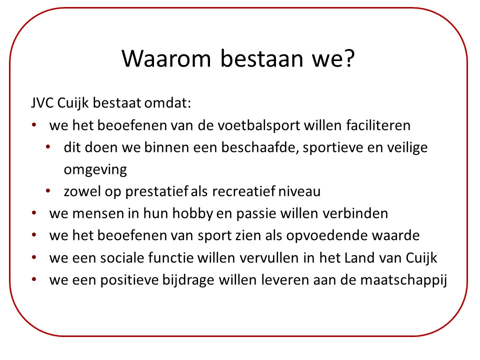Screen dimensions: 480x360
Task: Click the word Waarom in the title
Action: pos(166,58)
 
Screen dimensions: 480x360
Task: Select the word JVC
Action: pos(42,103)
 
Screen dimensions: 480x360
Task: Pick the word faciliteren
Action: pos(378,125)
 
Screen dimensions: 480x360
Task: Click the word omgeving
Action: pos(95,170)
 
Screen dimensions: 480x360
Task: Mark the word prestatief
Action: pos(156,191)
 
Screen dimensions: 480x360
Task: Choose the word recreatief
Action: pos(243,191)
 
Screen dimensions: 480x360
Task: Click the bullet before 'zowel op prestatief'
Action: pos(48,191)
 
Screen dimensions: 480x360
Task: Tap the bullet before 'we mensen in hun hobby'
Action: pos(34,213)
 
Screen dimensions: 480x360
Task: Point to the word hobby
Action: pos(192,213)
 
